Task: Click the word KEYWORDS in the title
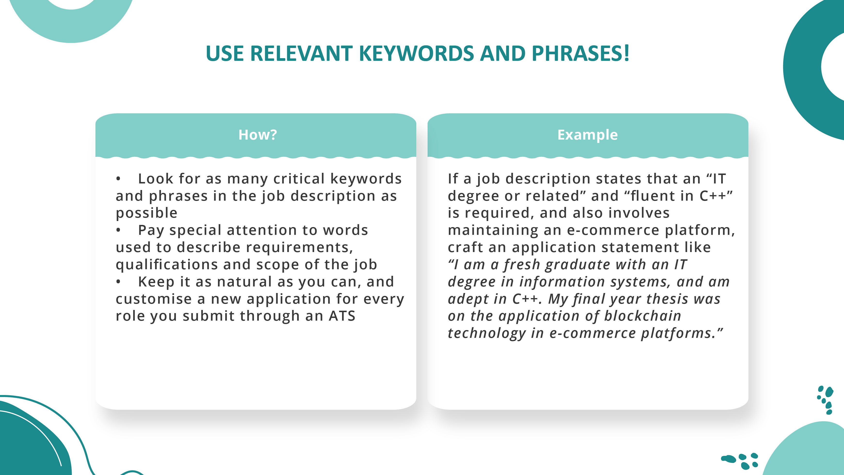pyautogui.click(x=416, y=53)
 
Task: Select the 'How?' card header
pyautogui.click(x=258, y=135)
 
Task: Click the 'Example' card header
pyautogui.click(x=587, y=135)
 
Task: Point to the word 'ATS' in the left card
pyautogui.click(x=342, y=316)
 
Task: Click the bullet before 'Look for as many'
pyautogui.click(x=118, y=179)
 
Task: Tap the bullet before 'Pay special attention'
pyautogui.click(x=118, y=230)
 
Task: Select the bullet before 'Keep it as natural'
pyautogui.click(x=118, y=282)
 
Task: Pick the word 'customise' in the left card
pyautogui.click(x=154, y=299)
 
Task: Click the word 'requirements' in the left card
pyautogui.click(x=299, y=247)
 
